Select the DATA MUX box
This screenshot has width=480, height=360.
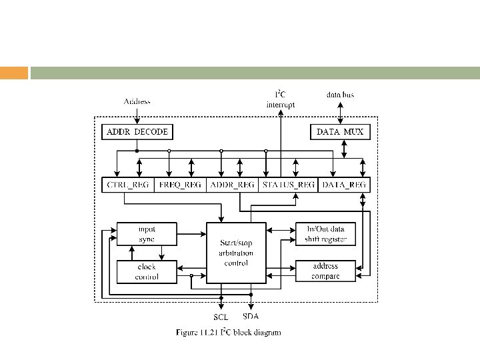coord(340,132)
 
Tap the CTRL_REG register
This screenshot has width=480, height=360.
coord(128,185)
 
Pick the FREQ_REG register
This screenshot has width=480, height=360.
coord(181,185)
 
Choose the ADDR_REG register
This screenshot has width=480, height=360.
coord(232,185)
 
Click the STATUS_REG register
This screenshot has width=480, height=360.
coord(287,185)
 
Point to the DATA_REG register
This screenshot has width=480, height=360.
coord(344,185)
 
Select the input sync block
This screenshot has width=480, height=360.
coord(147,233)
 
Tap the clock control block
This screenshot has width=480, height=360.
coord(147,271)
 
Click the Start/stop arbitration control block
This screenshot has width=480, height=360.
coord(236,253)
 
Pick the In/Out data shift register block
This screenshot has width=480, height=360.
coord(326,233)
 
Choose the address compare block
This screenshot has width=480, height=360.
coord(326,271)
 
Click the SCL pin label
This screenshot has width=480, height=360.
coord(221,317)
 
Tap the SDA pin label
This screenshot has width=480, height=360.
coord(251,316)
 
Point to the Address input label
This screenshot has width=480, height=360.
coord(137,101)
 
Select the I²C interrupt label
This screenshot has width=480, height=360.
coord(281,99)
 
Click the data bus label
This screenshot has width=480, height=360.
coord(340,95)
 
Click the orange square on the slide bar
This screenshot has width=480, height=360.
coord(14,73)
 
